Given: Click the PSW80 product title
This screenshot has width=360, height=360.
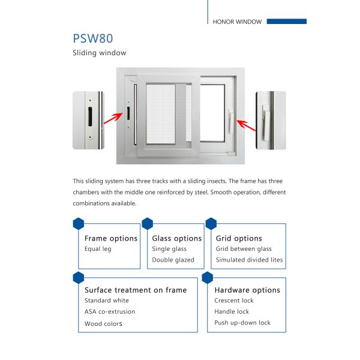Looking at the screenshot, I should click(x=92, y=39).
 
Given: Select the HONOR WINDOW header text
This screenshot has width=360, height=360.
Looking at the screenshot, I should click(x=237, y=22).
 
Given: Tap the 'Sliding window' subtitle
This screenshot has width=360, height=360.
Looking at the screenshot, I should click(x=99, y=53).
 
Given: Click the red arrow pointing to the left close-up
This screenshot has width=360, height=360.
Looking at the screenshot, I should click(x=112, y=118).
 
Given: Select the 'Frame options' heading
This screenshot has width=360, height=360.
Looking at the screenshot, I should click(x=111, y=238).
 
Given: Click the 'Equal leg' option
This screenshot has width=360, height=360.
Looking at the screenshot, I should click(x=98, y=249).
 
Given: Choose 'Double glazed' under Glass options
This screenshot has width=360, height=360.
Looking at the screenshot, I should click(x=173, y=260).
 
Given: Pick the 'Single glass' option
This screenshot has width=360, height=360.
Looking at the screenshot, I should click(x=169, y=249).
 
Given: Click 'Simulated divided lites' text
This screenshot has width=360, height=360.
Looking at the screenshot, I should click(x=249, y=260).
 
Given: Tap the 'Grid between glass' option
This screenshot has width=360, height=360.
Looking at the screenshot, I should click(x=244, y=249).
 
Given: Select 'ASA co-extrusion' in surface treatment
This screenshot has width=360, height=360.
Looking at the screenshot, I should click(x=110, y=311).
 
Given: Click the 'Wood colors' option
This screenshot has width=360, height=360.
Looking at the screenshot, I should click(x=103, y=324).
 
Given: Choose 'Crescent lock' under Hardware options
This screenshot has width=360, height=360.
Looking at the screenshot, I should click(x=234, y=301).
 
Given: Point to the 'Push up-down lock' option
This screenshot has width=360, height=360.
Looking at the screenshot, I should click(x=242, y=323).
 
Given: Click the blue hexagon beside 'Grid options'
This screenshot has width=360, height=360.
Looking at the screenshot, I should click(x=211, y=224).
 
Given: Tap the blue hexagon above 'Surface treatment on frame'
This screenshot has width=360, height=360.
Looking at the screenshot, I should click(x=78, y=277).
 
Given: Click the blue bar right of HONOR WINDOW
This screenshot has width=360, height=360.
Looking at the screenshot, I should click(x=286, y=22).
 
